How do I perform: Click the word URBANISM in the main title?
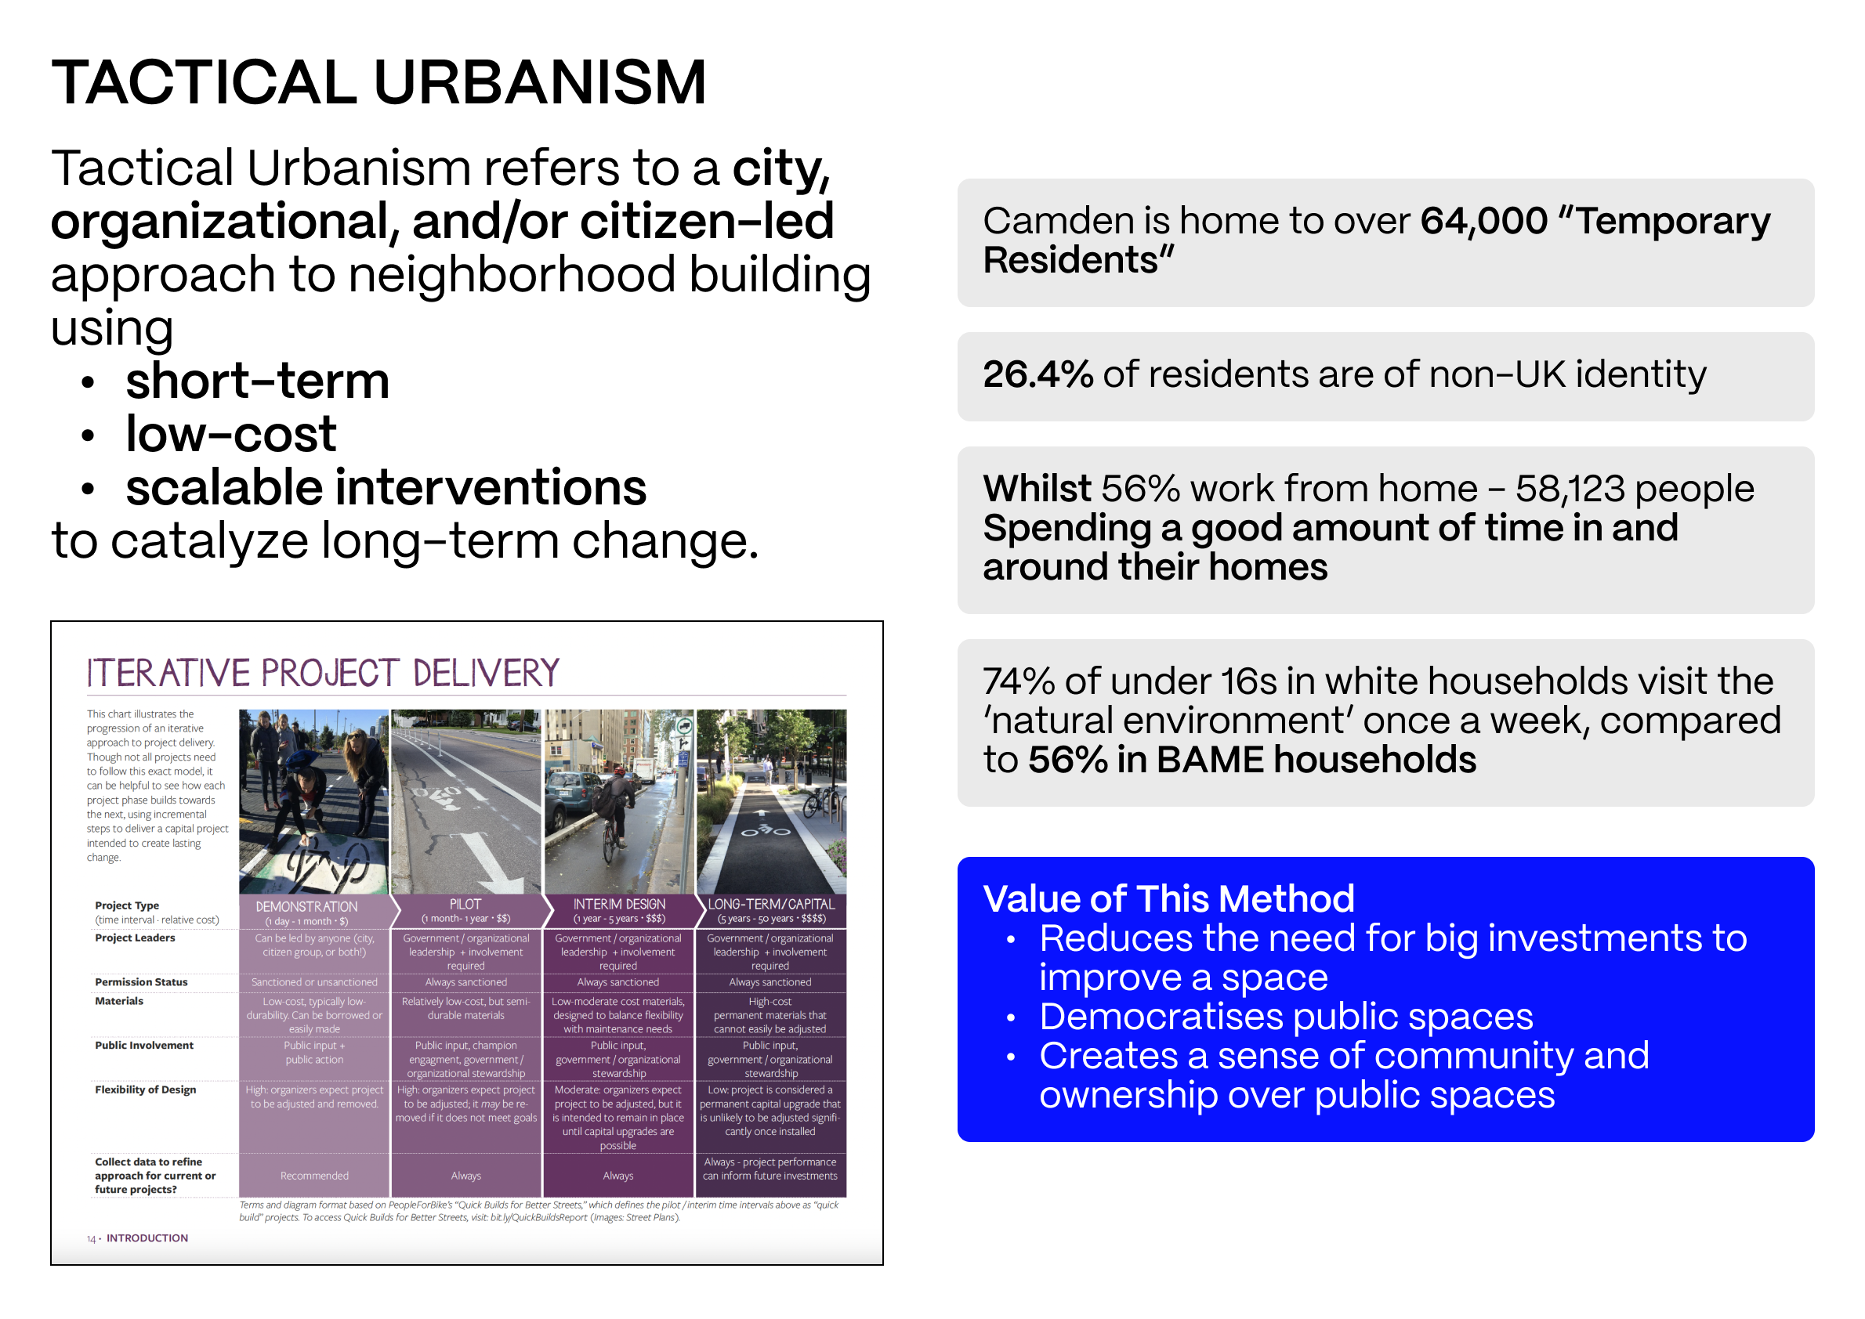(x=540, y=82)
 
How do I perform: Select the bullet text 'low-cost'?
(x=231, y=434)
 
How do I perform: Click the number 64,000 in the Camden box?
(x=1483, y=221)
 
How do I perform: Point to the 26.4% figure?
(x=1037, y=374)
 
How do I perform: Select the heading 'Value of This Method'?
(x=1168, y=899)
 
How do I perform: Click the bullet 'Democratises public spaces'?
(x=1287, y=1017)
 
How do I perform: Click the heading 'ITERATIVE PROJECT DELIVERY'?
(x=324, y=674)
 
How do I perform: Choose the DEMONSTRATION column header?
(x=306, y=906)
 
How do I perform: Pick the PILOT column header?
(x=465, y=904)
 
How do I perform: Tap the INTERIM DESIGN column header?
(x=618, y=904)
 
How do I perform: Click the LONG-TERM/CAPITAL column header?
(x=770, y=904)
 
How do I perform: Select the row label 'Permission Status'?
(x=140, y=982)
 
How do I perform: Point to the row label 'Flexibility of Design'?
(x=146, y=1090)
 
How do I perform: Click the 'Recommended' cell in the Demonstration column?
(x=313, y=1175)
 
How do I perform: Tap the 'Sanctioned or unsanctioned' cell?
(x=313, y=982)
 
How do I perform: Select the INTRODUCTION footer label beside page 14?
(x=147, y=1238)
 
